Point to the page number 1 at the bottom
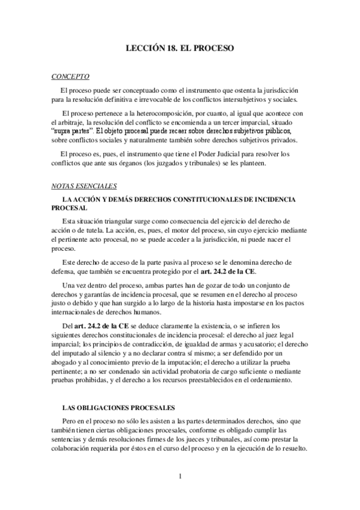(180, 478)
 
